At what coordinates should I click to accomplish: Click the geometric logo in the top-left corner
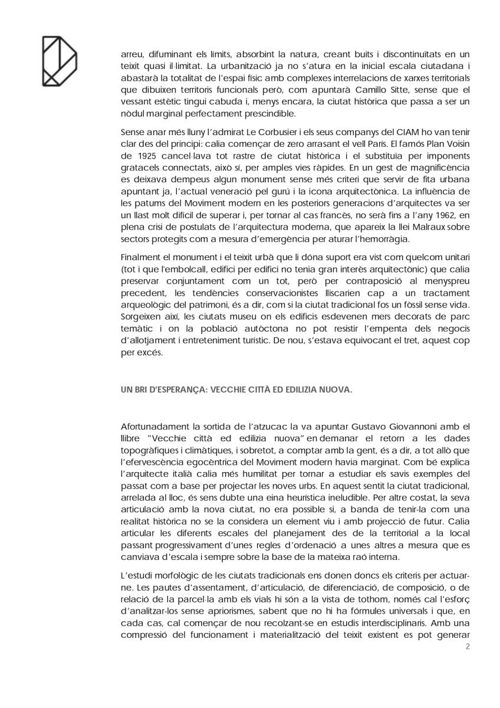point(59,60)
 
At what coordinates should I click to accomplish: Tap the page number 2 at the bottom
point(468,647)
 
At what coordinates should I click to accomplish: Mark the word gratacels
point(140,168)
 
